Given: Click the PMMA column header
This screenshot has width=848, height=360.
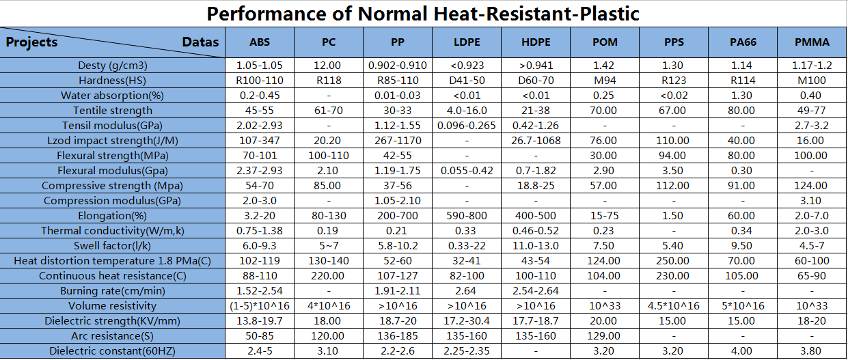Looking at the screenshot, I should [812, 42].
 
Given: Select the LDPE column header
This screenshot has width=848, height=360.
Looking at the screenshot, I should [467, 42].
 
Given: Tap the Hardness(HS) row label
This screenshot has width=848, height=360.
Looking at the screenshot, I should [113, 81].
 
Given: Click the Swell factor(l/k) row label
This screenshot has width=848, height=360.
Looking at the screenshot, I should [113, 246].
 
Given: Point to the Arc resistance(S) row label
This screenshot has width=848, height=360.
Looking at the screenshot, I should [113, 336].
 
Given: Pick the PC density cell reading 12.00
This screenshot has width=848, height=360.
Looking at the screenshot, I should [329, 66].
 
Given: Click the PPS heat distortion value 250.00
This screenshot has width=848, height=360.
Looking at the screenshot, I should [674, 261].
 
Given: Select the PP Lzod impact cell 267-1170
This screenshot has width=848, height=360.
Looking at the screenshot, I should [398, 141].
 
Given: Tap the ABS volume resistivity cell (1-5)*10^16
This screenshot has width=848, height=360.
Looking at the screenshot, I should [260, 306].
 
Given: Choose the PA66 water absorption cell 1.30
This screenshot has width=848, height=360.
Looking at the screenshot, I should [743, 96].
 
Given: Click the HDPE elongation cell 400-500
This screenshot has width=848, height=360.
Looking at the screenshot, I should [536, 216].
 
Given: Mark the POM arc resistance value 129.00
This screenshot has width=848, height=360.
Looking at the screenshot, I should [605, 336].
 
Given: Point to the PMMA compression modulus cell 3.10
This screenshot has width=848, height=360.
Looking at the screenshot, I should [812, 201].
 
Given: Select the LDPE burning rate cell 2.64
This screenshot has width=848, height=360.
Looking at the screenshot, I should [467, 291].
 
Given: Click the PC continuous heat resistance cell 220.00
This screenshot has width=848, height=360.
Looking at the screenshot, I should [329, 276].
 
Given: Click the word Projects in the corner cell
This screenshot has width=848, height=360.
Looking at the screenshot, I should [32, 42].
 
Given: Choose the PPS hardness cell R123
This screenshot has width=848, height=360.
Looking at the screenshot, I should [674, 81].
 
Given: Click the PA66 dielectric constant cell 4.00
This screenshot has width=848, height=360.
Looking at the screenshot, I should [743, 351].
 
